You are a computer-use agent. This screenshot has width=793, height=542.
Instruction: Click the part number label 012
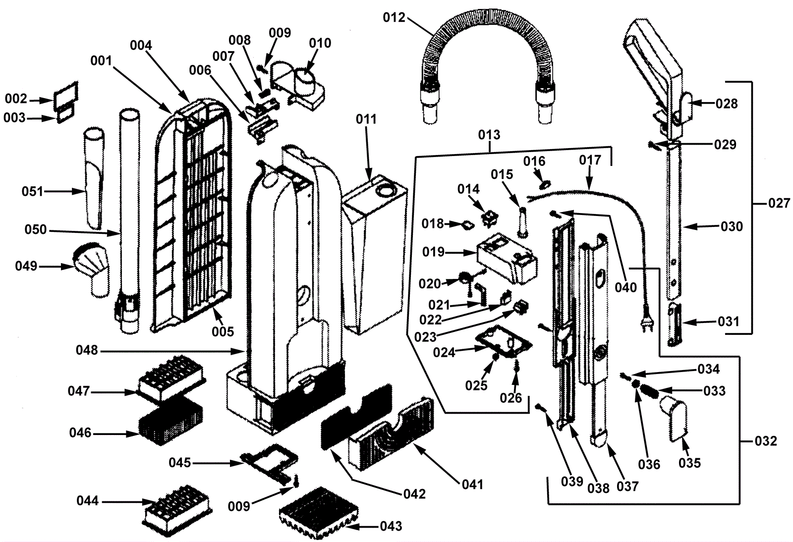pos(394,18)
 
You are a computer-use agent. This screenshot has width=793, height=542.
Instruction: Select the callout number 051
pos(33,191)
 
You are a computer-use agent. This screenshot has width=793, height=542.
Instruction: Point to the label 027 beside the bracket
pos(779,203)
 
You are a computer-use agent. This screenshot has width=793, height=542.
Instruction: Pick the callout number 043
pos(391,526)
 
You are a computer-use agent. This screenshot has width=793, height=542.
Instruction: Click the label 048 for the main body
pos(87,351)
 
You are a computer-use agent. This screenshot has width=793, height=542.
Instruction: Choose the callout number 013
pos(489,135)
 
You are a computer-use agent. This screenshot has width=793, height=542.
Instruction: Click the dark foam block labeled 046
pos(170,424)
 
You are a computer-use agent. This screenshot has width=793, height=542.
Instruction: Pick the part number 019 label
pos(433,252)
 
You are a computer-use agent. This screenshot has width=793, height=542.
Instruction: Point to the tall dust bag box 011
pos(374,253)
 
